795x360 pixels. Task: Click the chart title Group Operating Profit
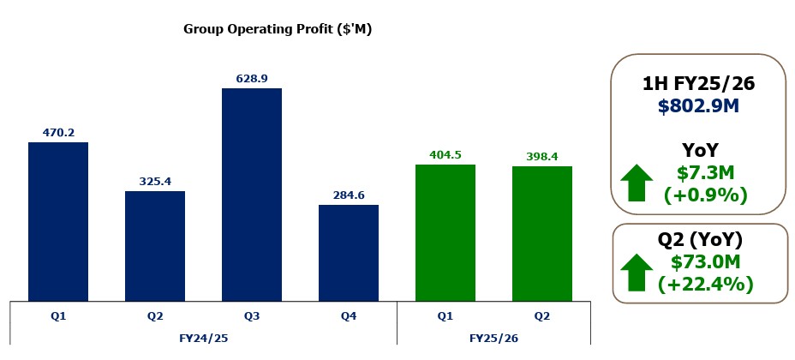pyautogui.click(x=278, y=29)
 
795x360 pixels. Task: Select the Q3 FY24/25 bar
pyautogui.click(x=252, y=194)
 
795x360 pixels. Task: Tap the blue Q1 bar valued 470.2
pyautogui.click(x=58, y=221)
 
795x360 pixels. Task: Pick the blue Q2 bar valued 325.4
pyautogui.click(x=155, y=245)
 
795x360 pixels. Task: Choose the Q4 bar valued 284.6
pyautogui.click(x=349, y=252)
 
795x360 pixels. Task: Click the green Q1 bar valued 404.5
pyautogui.click(x=445, y=232)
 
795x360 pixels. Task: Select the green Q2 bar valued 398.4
pyautogui.click(x=542, y=233)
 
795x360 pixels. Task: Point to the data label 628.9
pyautogui.click(x=252, y=79)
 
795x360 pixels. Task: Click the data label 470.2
pyautogui.click(x=58, y=133)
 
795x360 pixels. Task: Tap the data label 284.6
pyautogui.click(x=349, y=195)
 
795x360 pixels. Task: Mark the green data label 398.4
pyautogui.click(x=542, y=157)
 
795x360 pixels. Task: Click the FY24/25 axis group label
pyautogui.click(x=203, y=338)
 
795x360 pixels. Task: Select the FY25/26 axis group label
pyautogui.click(x=493, y=338)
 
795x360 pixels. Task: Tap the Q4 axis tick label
pyautogui.click(x=349, y=315)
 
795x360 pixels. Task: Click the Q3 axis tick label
pyautogui.click(x=252, y=315)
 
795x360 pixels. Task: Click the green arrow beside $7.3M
pyautogui.click(x=637, y=183)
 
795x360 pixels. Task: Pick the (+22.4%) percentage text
pyautogui.click(x=706, y=284)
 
